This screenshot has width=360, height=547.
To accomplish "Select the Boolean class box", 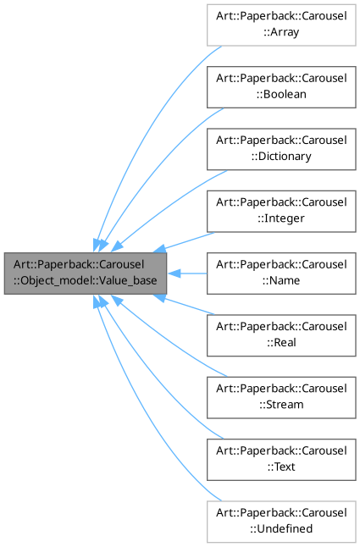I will tap(281, 86).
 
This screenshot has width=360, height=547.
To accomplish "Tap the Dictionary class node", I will tap(281, 148).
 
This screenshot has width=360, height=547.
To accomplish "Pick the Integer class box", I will tap(281, 210).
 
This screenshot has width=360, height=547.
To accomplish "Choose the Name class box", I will tap(281, 273).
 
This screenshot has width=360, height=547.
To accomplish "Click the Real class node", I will tap(281, 335).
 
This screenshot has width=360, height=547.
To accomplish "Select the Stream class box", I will tap(281, 397).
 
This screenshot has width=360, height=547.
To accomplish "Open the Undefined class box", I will tap(281, 522).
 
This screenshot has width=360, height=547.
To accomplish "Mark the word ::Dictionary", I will tap(280, 157).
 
